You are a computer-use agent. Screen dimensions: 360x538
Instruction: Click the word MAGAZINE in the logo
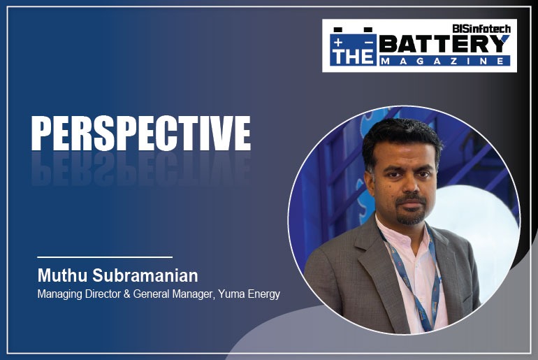[444, 62]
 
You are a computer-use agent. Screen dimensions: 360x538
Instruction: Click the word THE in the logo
[353, 55]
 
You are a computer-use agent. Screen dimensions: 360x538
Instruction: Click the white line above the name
[104, 257]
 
